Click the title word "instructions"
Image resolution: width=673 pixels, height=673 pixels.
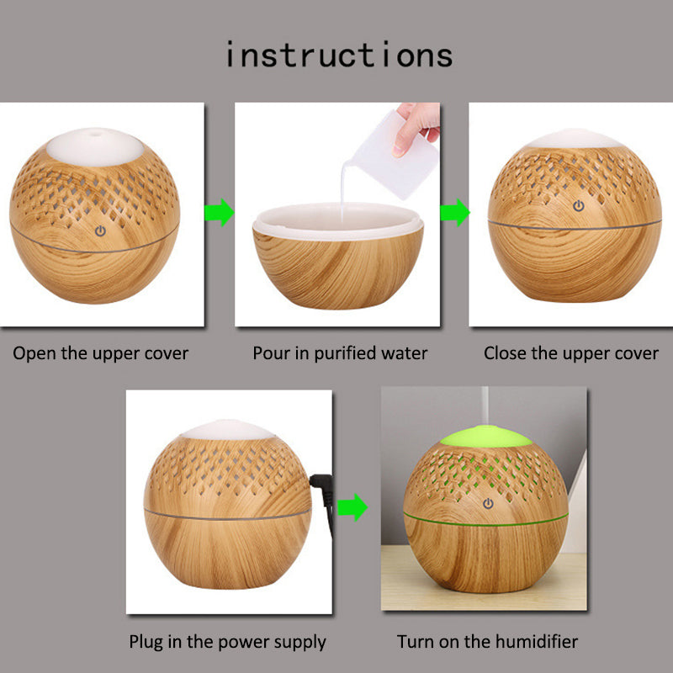tap(339, 56)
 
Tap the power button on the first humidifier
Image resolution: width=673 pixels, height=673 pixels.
tap(100, 231)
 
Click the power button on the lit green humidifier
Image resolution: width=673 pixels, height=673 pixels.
tap(488, 503)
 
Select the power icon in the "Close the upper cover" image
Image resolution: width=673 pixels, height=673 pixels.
tap(579, 206)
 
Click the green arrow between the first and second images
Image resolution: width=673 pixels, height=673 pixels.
tap(220, 212)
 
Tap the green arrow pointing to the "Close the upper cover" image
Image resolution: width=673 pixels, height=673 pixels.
tap(455, 212)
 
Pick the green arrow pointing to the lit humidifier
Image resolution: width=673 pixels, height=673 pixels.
tap(352, 507)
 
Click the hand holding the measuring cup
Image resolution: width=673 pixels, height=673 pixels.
tap(416, 127)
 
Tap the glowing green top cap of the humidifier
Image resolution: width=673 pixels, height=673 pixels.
tap(486, 437)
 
